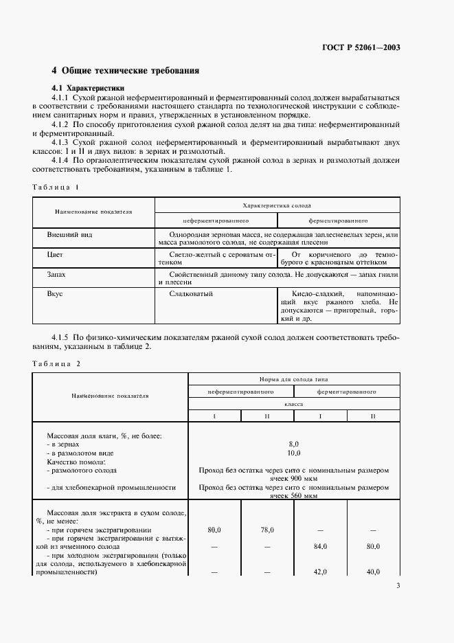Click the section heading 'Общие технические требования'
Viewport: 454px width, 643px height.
(x=130, y=71)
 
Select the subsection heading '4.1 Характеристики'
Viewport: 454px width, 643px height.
(x=88, y=89)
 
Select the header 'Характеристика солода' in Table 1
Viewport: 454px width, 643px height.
(x=277, y=205)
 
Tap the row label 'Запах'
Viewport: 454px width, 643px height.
(x=57, y=274)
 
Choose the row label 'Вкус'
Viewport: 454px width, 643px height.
(x=55, y=293)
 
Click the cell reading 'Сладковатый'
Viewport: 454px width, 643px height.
(x=190, y=293)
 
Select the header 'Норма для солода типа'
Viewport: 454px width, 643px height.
(x=293, y=379)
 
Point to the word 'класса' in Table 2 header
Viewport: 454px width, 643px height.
(x=294, y=405)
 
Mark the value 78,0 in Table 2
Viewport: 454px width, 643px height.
(x=267, y=530)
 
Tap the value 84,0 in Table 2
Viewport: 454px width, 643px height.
(x=320, y=546)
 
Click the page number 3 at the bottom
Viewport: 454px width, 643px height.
(x=398, y=585)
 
